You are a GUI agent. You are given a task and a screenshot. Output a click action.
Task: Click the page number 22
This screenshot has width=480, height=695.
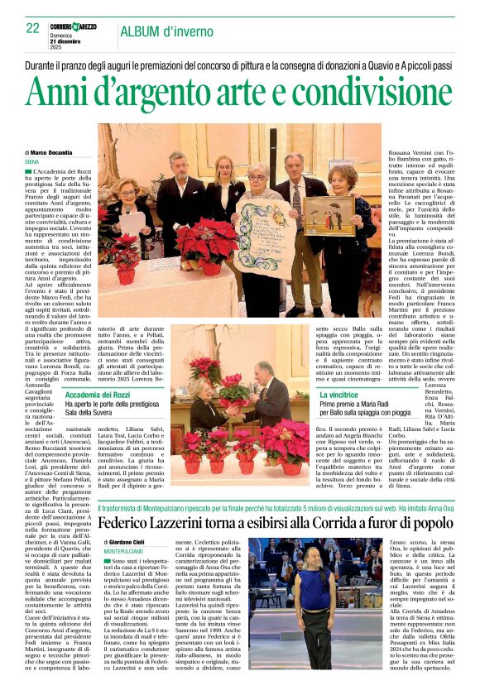pyautogui.click(x=33, y=29)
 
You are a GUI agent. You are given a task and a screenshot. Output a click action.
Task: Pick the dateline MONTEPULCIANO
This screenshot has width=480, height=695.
pyautogui.click(x=130, y=551)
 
